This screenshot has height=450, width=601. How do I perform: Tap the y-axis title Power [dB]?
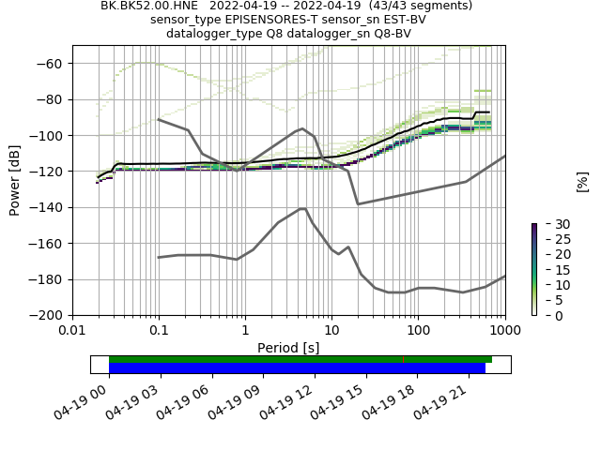[15, 180]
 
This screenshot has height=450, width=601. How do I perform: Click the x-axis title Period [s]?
[288, 348]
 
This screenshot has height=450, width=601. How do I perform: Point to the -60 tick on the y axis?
[54, 64]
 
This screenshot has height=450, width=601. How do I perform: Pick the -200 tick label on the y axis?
[51, 316]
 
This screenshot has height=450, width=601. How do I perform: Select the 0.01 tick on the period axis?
[72, 330]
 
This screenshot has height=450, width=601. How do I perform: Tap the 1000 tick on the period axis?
[504, 330]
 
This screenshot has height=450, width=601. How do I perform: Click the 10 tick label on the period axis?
[331, 330]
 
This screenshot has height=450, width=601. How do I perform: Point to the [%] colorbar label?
[582, 181]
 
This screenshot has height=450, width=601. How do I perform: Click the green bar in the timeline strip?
[300, 359]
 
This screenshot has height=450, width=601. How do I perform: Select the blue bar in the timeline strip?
[297, 368]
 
